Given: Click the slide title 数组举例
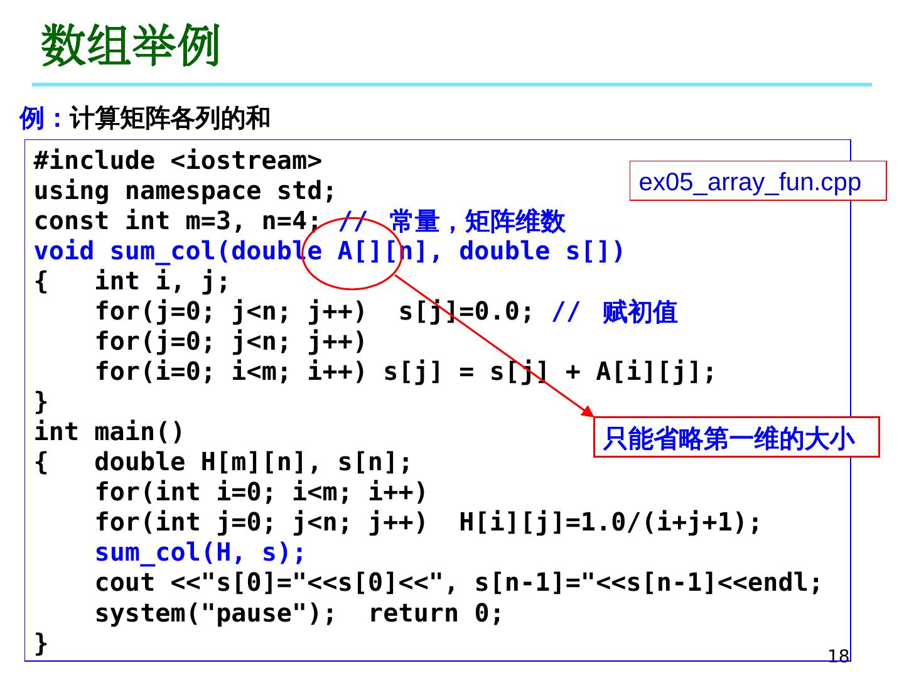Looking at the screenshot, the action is tap(131, 46).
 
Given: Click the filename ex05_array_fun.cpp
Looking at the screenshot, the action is tap(750, 182).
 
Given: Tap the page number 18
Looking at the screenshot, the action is tap(838, 656).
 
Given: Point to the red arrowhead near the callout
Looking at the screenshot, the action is tap(588, 412).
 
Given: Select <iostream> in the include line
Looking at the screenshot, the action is tap(246, 161).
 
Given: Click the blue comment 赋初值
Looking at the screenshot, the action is tap(640, 312).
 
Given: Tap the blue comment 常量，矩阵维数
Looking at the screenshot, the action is tap(477, 222).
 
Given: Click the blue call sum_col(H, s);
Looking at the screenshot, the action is tap(200, 552).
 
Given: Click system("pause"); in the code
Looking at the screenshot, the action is tap(216, 613).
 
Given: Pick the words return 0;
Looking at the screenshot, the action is tap(436, 613).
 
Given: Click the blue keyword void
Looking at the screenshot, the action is tap(64, 251).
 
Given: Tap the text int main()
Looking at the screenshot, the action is tap(109, 432).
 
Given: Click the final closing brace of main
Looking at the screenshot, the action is tap(41, 642).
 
